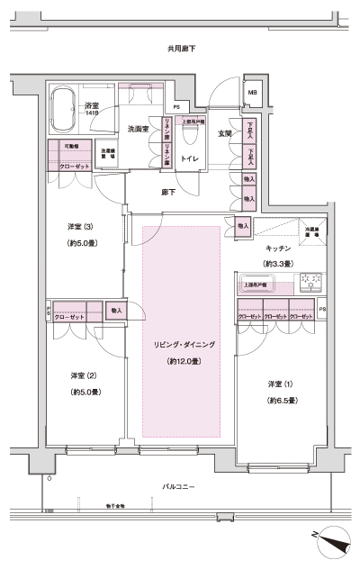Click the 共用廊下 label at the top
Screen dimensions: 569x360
(182, 48)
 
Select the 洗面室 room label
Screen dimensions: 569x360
(139, 128)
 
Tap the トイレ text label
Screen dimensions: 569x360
(190, 158)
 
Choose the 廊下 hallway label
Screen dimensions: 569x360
(168, 192)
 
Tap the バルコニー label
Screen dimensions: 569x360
(180, 486)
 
